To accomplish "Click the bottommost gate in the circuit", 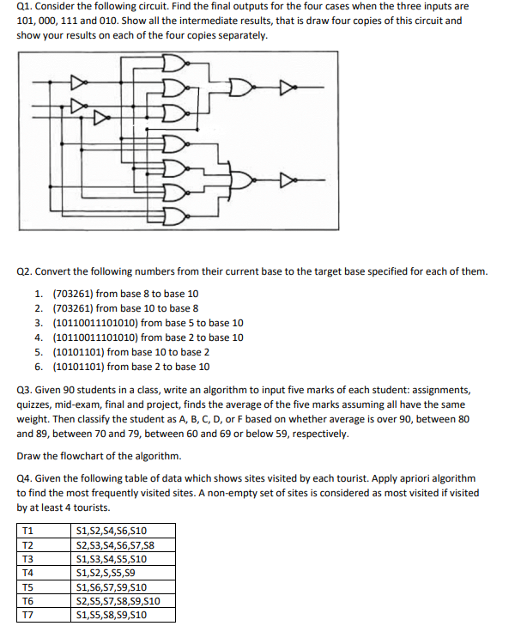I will [x=173, y=214].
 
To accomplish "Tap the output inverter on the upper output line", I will [x=288, y=87].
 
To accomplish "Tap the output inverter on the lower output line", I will [x=288, y=180].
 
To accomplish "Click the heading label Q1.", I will [x=25, y=6].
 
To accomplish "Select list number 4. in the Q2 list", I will [x=40, y=337].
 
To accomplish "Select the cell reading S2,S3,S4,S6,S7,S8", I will [x=114, y=544].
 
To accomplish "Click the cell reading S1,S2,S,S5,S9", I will [x=106, y=572].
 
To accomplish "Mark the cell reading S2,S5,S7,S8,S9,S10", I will [x=118, y=600].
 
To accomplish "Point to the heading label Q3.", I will [x=25, y=389].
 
